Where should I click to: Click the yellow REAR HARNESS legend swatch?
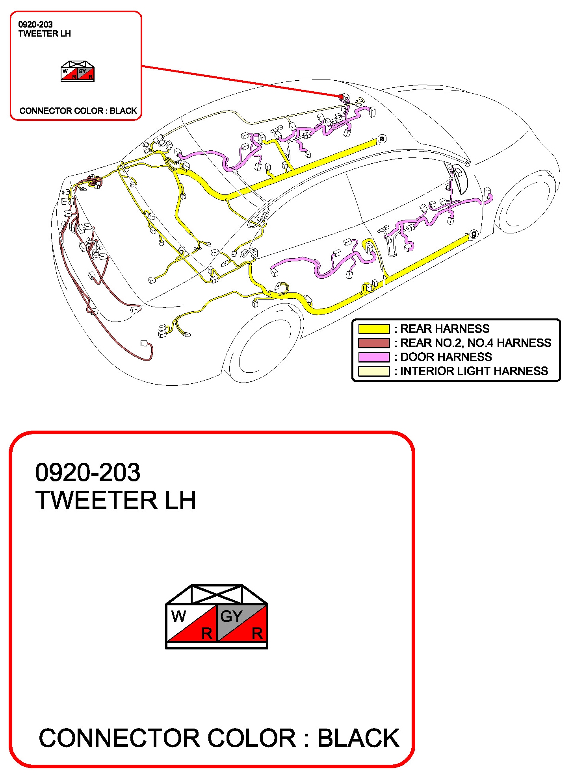373,329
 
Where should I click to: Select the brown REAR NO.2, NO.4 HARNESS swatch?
373,343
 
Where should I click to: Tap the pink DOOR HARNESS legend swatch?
373,357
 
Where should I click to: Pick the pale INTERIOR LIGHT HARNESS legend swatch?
373,371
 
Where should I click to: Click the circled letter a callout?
381,139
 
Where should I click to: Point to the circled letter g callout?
474,234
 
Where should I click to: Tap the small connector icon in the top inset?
78,71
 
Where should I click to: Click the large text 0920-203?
87,472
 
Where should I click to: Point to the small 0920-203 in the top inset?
35,24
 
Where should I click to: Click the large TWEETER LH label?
115,500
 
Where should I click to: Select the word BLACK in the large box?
358,738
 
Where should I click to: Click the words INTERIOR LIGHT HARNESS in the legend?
474,371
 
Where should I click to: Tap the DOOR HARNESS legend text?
446,357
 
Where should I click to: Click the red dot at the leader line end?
341,96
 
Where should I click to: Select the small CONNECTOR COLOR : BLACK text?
78,111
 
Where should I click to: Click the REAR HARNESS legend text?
445,329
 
